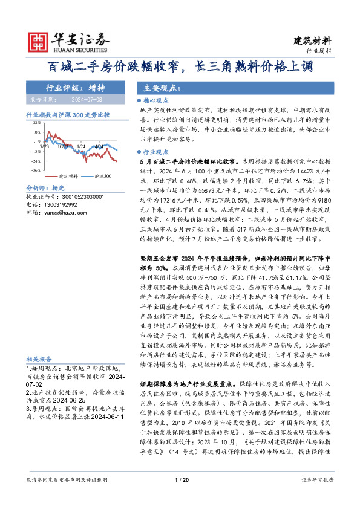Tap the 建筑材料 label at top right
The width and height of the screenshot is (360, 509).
click(312, 41)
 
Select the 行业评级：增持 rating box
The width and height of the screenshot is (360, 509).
click(75, 87)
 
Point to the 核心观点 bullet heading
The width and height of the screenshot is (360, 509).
click(154, 102)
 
